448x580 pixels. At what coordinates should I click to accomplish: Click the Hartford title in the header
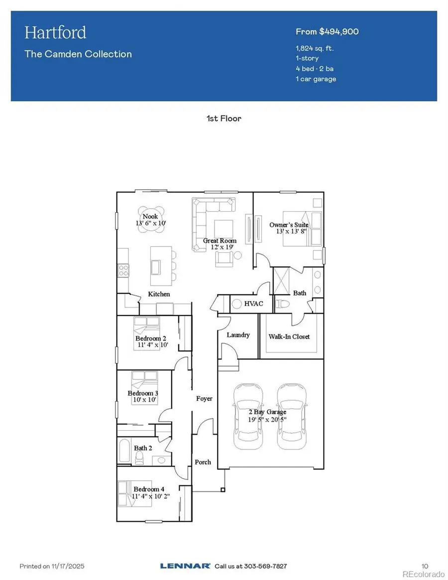(55, 33)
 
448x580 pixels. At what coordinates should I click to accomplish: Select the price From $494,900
(327, 32)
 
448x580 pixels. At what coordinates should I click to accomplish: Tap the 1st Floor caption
(224, 118)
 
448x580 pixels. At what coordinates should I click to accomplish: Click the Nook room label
(150, 217)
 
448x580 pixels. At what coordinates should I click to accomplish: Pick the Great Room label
(220, 241)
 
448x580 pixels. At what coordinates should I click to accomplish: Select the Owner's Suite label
(289, 225)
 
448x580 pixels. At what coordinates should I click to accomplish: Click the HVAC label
(251, 303)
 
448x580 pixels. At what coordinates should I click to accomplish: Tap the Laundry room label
(238, 335)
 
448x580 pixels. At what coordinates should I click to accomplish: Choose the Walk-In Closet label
(289, 337)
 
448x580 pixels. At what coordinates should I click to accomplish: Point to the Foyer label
(204, 399)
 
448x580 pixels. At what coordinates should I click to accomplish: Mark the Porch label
(203, 462)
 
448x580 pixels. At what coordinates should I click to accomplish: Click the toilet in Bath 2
(139, 459)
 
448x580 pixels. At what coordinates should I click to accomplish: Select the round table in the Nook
(151, 217)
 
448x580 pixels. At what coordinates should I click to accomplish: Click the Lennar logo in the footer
(185, 566)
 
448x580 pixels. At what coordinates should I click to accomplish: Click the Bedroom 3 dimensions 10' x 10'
(144, 400)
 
